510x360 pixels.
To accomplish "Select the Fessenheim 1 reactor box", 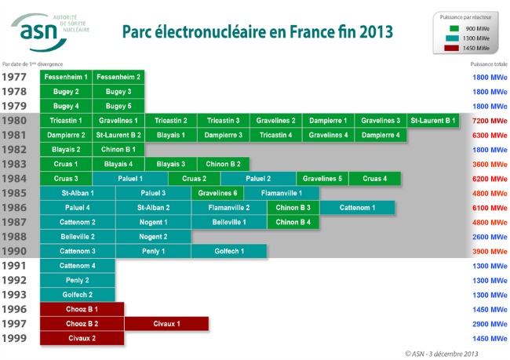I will (x=66, y=77).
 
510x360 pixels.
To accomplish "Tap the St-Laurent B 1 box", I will (x=432, y=121).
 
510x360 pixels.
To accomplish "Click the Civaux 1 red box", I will (x=166, y=323).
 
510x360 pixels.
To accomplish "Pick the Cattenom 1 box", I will (x=357, y=208).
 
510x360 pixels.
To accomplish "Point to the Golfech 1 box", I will (x=229, y=251).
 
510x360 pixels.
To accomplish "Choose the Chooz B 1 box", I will (x=82, y=309).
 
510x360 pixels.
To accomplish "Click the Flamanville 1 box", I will (x=281, y=193).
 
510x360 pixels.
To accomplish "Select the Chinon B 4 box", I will (x=293, y=222).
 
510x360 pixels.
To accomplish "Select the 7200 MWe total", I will (x=489, y=121).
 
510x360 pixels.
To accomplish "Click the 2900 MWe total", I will (x=489, y=323).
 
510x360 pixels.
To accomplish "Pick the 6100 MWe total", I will (x=489, y=208).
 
